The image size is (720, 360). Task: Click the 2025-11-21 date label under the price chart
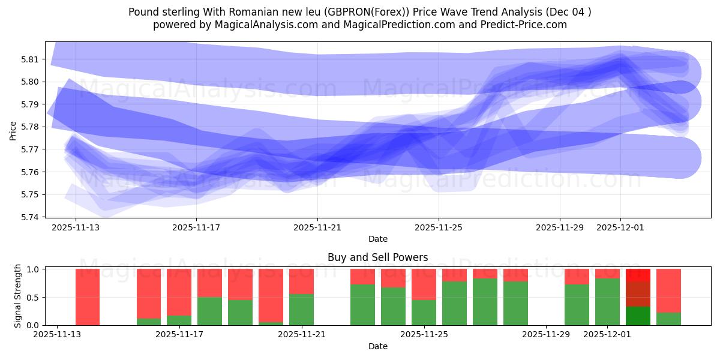point(317,228)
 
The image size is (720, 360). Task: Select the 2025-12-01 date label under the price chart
point(620,228)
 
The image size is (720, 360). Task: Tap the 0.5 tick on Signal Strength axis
point(33,298)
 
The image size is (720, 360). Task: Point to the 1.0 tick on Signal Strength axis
point(33,269)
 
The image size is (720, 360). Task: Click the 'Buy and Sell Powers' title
point(377,257)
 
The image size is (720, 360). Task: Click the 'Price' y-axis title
point(13,130)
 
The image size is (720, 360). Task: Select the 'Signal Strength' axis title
point(18,296)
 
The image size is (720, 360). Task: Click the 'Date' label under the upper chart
point(377,239)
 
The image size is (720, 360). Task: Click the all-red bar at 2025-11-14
point(88,297)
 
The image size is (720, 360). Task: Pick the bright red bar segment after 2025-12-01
point(638,275)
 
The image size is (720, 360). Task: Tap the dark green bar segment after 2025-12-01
point(638,316)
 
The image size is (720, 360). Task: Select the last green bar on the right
point(668,319)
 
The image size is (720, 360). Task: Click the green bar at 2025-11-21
point(301,310)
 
